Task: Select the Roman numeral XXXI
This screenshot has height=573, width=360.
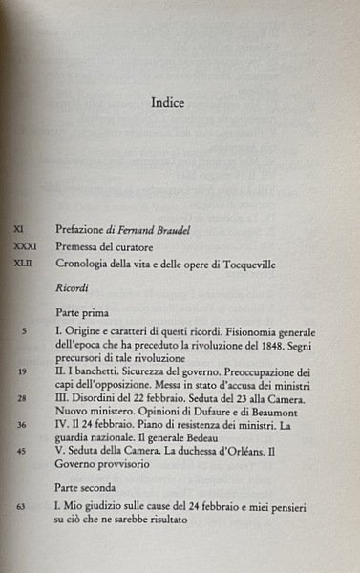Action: pyautogui.click(x=24, y=246)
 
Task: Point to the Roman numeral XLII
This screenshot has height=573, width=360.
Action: pyautogui.click(x=24, y=264)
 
